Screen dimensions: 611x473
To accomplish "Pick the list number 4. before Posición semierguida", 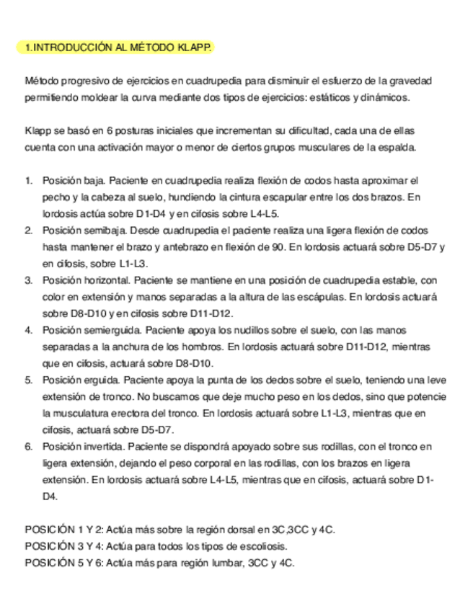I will tap(29, 329).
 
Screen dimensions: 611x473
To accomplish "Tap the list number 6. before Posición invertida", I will tap(29, 446).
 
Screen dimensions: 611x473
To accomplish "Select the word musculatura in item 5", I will tap(79, 413).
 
